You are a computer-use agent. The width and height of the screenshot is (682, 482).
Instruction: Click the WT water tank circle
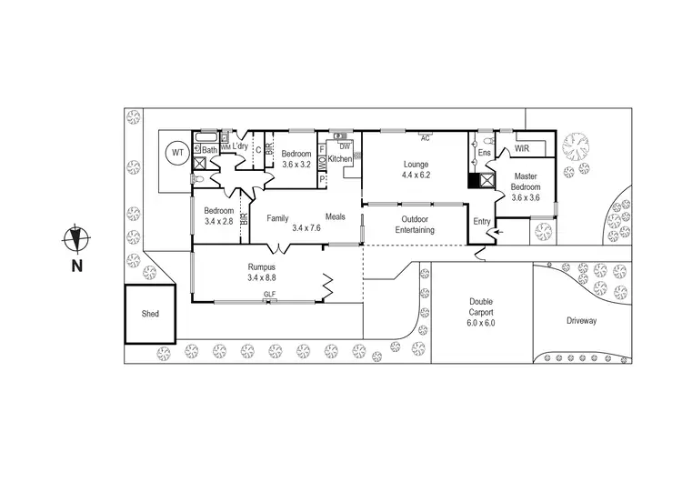176,154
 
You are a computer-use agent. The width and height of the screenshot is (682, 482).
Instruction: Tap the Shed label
150,314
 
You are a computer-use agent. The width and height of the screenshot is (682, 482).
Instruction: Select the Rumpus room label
262,266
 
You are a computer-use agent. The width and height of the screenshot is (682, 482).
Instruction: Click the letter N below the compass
77,266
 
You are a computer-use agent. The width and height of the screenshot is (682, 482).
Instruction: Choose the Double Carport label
481,302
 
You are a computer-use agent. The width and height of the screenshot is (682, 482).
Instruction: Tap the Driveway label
581,321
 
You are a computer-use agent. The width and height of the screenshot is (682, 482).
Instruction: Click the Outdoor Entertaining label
415,225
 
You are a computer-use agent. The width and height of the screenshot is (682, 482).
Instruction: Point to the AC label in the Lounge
425,139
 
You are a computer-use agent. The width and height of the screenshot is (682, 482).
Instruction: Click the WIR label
522,147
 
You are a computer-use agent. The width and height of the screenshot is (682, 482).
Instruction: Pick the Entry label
482,221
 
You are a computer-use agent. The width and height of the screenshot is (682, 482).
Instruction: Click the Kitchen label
340,159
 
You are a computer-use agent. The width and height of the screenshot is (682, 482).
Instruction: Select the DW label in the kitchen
345,146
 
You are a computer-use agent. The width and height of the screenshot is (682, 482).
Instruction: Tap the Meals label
336,216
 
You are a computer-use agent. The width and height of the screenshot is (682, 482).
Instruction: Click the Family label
277,217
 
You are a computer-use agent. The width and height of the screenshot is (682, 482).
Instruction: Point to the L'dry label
240,146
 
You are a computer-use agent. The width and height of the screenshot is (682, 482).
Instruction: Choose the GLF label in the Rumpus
269,295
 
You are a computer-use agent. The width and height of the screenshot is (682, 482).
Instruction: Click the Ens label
485,154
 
